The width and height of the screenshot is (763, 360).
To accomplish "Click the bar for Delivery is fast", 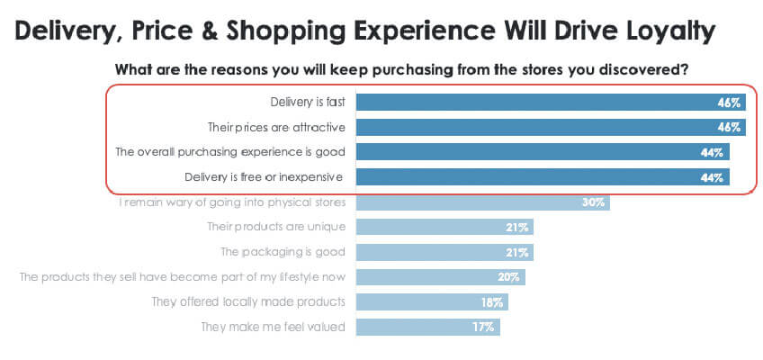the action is (x=551, y=103).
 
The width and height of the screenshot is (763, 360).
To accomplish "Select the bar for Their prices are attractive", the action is (x=551, y=127).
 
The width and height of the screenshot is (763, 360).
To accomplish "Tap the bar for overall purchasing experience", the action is (x=543, y=152).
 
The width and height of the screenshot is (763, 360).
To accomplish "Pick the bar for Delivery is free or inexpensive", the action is (x=543, y=177).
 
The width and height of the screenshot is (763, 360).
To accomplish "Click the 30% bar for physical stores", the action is (x=482, y=202).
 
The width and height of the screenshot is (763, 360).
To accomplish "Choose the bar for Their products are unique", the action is (x=444, y=227).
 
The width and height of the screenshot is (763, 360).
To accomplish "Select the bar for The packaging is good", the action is (x=444, y=253).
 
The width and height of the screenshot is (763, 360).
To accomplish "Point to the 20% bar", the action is (x=440, y=277).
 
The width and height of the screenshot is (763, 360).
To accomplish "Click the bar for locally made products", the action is (x=432, y=302).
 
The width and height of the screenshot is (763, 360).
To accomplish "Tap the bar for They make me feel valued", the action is (x=427, y=327).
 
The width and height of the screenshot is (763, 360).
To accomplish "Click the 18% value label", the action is (x=492, y=302).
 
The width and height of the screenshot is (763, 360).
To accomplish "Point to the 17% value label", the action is (x=484, y=328).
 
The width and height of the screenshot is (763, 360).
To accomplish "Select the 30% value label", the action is (x=593, y=202).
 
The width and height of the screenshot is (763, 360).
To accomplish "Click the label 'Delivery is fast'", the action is (x=308, y=103).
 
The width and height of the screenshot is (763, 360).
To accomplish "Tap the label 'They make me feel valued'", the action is (x=273, y=327).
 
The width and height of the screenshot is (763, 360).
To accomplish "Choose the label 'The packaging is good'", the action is (x=283, y=253).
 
